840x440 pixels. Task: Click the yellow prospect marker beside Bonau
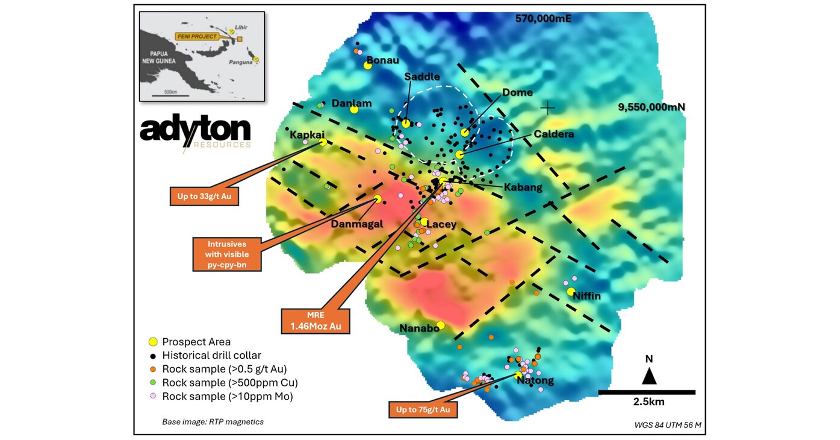tap(368, 65)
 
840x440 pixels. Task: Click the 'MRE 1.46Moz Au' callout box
tap(316, 321)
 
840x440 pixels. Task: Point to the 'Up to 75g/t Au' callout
tap(423, 410)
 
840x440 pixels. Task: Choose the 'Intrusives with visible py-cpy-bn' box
tap(227, 254)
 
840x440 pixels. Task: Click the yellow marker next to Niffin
tap(570, 292)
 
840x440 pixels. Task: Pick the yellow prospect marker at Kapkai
tap(323, 142)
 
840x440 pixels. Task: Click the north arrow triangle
tap(649, 376)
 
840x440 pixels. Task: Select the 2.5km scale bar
tap(647, 392)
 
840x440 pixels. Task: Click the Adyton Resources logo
tap(195, 133)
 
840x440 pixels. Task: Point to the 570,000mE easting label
tap(543, 19)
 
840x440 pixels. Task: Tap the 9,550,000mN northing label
tap(652, 107)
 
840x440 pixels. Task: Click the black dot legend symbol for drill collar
tap(153, 355)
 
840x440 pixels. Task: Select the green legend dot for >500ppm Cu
tap(153, 382)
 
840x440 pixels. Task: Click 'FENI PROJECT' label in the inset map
tap(196, 36)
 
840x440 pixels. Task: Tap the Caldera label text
tap(553, 134)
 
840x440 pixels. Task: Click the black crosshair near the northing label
tap(547, 108)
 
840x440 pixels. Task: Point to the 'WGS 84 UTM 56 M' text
tap(667, 425)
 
